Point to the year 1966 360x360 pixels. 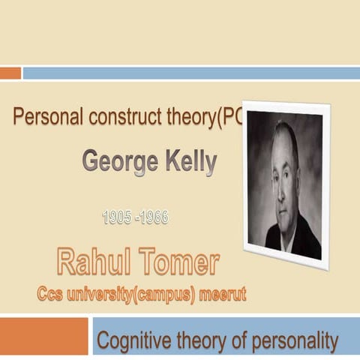(x=154, y=217)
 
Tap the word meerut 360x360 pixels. (x=224, y=294)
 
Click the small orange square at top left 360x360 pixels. (x=10, y=73)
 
